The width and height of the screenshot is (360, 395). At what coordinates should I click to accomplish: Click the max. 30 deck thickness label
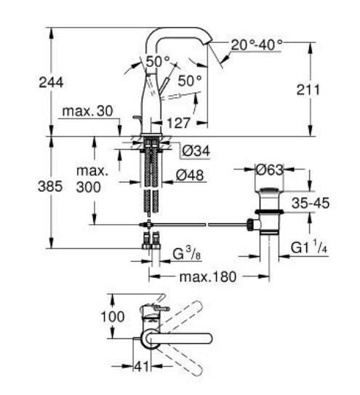[x=87, y=111]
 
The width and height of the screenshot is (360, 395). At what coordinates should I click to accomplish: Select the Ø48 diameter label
[x=193, y=174]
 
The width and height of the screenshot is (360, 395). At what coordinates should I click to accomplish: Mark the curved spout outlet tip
[x=209, y=45]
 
